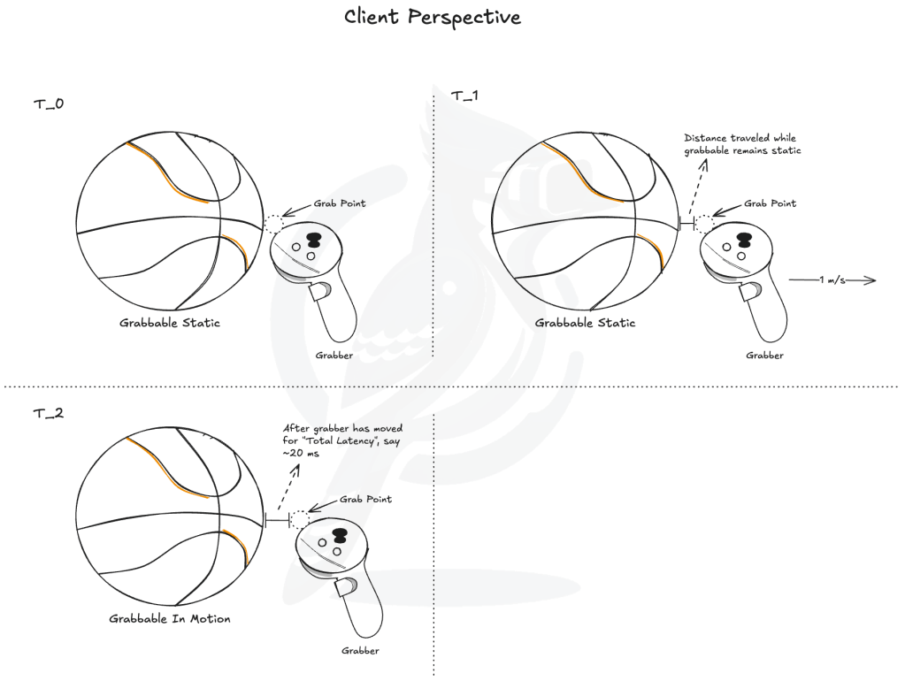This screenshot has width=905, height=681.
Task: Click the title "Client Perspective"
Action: [433, 17]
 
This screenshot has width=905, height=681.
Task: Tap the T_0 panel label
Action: [48, 104]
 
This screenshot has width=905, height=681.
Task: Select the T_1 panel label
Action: [465, 96]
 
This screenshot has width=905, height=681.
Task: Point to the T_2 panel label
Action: [48, 413]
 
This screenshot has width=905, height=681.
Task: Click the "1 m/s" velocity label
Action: [831, 280]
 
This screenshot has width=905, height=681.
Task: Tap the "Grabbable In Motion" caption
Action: [170, 618]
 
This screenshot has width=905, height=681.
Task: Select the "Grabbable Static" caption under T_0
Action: [170, 323]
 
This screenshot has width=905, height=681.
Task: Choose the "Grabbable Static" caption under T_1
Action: [585, 323]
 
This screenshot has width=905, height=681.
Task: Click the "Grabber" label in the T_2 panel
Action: [360, 651]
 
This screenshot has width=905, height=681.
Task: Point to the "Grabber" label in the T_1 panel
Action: [764, 355]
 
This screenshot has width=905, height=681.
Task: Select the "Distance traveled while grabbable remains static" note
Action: [741, 145]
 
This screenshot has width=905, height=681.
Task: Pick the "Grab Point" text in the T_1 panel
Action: [770, 203]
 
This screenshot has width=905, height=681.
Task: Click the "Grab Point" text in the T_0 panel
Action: [340, 203]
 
